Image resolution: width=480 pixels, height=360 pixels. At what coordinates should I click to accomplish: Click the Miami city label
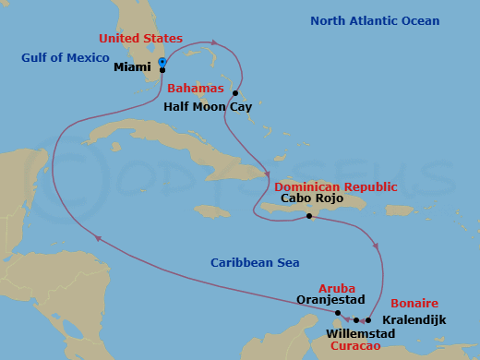(x=132, y=68)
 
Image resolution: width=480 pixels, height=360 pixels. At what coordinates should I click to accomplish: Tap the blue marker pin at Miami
(x=162, y=63)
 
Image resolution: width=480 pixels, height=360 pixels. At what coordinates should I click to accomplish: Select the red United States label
(x=140, y=39)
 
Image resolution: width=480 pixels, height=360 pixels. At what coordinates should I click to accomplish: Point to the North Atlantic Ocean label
(x=375, y=21)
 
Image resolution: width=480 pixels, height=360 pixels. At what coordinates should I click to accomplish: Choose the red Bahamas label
(x=196, y=89)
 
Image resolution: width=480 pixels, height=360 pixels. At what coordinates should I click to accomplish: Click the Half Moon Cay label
(x=208, y=106)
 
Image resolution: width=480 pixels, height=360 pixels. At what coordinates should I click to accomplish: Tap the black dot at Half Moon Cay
(x=236, y=93)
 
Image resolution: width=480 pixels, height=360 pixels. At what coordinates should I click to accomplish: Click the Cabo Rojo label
(x=313, y=199)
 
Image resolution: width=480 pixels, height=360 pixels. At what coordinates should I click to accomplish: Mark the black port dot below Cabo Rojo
(x=309, y=216)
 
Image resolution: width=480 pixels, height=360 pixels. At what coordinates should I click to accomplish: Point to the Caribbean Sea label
(x=255, y=263)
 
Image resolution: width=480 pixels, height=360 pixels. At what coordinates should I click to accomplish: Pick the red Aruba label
(x=336, y=289)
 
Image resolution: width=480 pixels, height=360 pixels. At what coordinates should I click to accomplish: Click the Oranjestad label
(x=331, y=300)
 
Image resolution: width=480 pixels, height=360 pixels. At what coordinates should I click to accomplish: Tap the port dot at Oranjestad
(x=338, y=313)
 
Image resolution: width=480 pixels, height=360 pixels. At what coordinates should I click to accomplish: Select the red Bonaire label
(x=414, y=304)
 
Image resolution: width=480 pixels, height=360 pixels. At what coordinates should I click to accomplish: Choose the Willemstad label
(x=360, y=333)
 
